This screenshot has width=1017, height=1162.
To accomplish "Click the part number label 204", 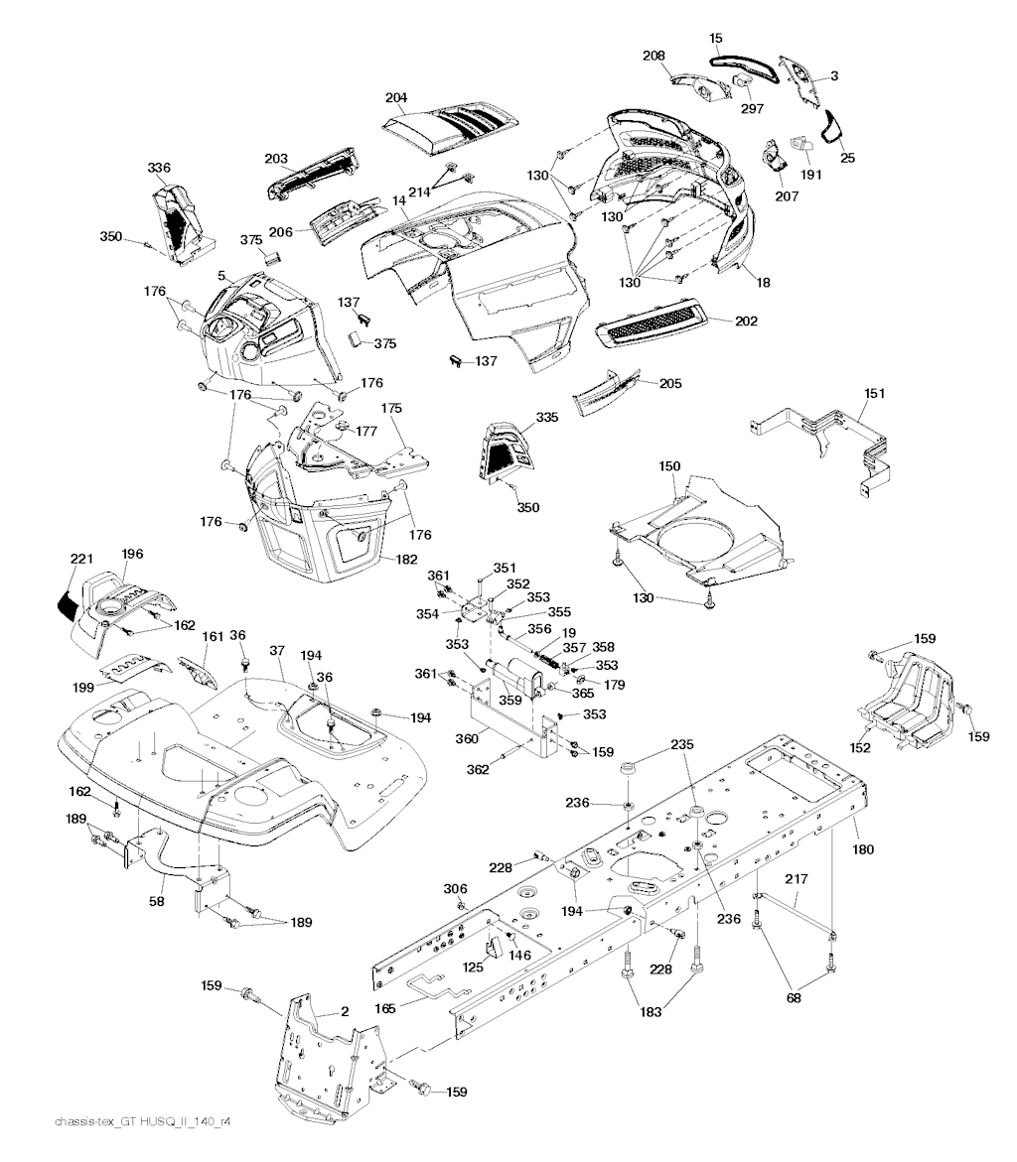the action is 396,97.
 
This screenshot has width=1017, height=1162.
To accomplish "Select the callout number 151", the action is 875,393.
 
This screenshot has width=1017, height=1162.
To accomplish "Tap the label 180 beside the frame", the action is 863,849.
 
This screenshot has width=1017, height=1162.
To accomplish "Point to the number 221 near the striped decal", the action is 81,558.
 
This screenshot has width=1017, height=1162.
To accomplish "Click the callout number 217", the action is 796,879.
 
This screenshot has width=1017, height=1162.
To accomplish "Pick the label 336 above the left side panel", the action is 159,168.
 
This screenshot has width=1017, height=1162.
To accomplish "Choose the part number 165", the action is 384,1008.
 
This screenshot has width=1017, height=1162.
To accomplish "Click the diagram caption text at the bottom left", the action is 143,1122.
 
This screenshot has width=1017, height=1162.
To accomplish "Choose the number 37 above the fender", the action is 277,650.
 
